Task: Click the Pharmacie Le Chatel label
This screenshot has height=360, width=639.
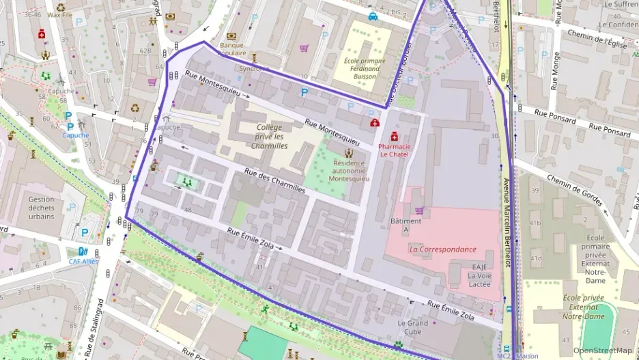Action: pyautogui.click(x=395, y=150)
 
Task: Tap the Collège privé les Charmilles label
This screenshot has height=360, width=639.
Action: pyautogui.click(x=269, y=137)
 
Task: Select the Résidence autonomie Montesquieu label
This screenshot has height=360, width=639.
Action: pyautogui.click(x=349, y=171)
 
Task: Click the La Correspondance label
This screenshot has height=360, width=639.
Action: pyautogui.click(x=442, y=249)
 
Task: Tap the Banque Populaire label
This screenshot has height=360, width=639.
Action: pyautogui.click(x=232, y=49)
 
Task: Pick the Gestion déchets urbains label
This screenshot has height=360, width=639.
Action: pyautogui.click(x=42, y=208)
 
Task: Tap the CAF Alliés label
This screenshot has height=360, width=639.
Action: pyautogui.click(x=83, y=261)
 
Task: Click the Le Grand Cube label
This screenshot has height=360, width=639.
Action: pyautogui.click(x=413, y=328)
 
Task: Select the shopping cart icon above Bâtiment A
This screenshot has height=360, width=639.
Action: pyautogui.click(x=419, y=210)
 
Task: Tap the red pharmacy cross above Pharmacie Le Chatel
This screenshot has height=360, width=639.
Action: pyautogui.click(x=395, y=137)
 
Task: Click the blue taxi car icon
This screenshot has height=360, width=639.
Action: pyautogui.click(x=373, y=16)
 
